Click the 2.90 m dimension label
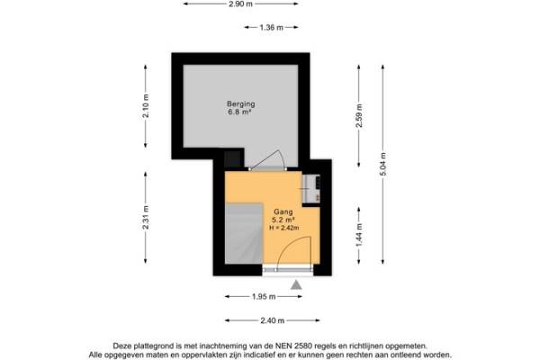(x=240, y=4)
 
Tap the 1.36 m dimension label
(x=272, y=27)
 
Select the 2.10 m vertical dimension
(x=146, y=106)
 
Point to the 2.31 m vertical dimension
(x=146, y=218)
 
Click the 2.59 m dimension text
(x=359, y=116)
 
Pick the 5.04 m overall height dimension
(x=383, y=164)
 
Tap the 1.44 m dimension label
(x=359, y=235)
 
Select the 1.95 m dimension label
(x=264, y=297)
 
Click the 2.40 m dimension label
(x=273, y=320)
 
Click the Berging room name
(x=240, y=103)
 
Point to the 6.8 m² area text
(x=239, y=112)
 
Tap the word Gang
(x=283, y=211)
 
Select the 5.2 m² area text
(x=283, y=220)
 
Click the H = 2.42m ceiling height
(x=284, y=228)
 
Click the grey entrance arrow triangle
(x=296, y=285)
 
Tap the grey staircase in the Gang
(x=244, y=234)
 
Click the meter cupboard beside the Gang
(x=311, y=189)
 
